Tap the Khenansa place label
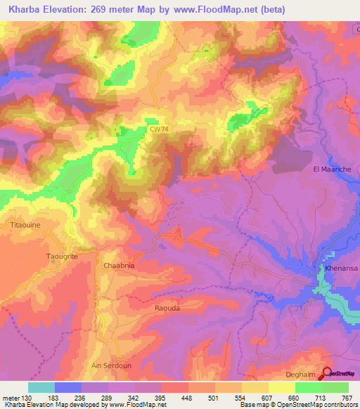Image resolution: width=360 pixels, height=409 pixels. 340,268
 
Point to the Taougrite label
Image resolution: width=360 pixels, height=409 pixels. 62,257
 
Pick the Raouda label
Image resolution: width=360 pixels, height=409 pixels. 168,308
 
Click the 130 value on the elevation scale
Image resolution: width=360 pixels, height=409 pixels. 27,398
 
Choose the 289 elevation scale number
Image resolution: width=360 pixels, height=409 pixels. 108,398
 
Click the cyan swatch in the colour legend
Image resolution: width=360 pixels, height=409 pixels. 41,387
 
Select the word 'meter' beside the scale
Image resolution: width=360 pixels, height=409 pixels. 10,398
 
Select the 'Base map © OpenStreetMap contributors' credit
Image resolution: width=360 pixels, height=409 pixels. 296,405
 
